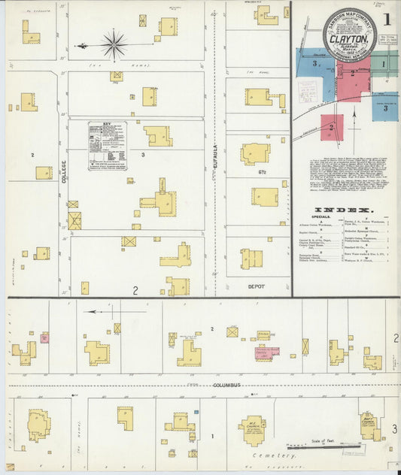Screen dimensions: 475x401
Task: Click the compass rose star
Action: [114, 44]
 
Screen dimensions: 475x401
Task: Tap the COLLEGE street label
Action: [63, 174]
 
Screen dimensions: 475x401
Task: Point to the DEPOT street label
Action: [258, 286]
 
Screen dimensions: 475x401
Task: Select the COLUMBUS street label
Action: [225, 385]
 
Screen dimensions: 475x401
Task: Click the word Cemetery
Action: [275, 455]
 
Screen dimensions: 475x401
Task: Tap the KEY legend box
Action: [108, 145]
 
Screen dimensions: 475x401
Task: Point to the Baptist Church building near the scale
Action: [369, 425]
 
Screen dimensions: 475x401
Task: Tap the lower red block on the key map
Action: [332, 126]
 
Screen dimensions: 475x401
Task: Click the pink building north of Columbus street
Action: [266, 351]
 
